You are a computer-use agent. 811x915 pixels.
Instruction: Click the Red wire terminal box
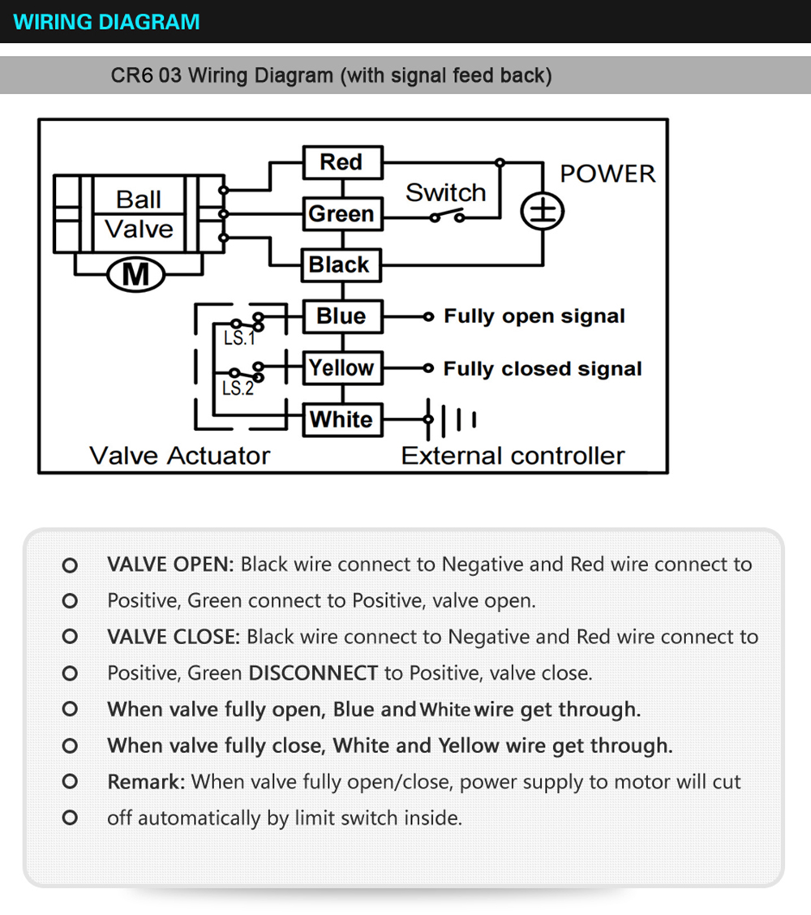click(x=341, y=162)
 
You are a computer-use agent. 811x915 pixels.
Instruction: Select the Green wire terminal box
click(x=341, y=214)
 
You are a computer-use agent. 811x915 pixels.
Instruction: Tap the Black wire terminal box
click(x=341, y=265)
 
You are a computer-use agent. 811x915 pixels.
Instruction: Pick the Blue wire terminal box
click(x=341, y=316)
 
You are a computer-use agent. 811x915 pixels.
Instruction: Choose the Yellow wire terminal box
click(x=341, y=368)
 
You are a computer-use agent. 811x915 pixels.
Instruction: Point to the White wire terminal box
click(x=341, y=419)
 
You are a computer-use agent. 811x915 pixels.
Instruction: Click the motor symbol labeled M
click(x=135, y=275)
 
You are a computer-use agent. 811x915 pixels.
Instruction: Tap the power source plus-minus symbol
click(x=542, y=213)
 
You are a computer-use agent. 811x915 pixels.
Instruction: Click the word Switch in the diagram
click(x=445, y=193)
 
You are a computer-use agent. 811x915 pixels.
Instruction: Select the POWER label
click(x=607, y=174)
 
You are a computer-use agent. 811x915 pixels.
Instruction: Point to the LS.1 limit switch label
click(x=238, y=338)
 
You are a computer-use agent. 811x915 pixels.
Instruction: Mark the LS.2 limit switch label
click(x=238, y=389)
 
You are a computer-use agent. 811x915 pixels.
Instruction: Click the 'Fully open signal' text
click(x=534, y=316)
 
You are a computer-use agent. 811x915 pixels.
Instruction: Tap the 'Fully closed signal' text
click(x=543, y=369)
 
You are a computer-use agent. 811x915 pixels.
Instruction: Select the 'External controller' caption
click(x=513, y=455)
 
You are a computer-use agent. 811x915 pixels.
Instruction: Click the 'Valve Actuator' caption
click(x=179, y=455)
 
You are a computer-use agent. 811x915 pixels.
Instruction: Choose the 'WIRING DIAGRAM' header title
click(x=107, y=22)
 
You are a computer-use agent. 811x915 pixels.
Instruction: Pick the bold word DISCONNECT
click(x=313, y=673)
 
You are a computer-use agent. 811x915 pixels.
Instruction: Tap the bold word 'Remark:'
click(x=146, y=782)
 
